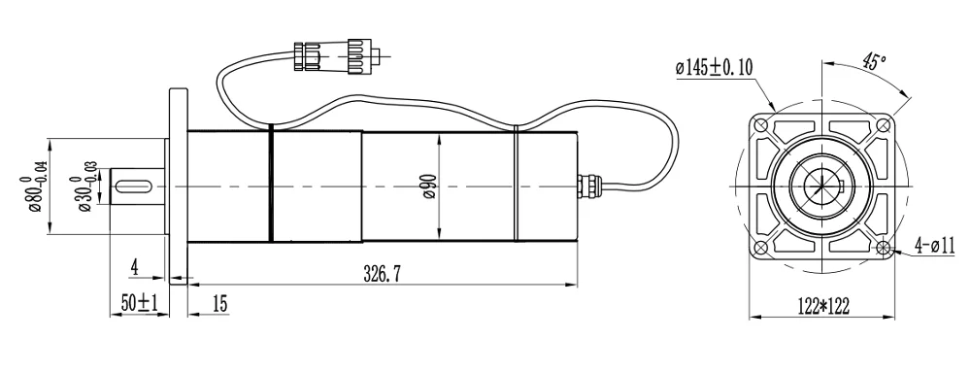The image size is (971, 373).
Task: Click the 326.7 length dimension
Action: [x=383, y=273]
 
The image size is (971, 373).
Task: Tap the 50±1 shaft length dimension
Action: [x=140, y=304]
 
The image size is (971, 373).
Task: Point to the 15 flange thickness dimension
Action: [x=219, y=304]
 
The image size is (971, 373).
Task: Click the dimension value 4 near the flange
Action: [x=135, y=268]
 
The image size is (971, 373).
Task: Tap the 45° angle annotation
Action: [x=874, y=61]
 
